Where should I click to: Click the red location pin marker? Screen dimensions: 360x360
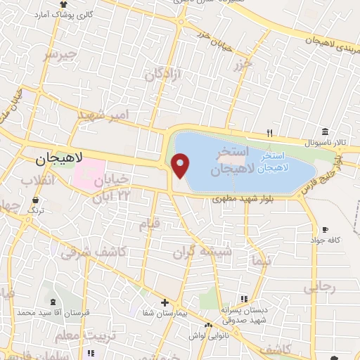[181, 166]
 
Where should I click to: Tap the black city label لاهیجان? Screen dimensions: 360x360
[59, 160]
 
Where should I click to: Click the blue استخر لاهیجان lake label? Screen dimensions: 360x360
[271, 162]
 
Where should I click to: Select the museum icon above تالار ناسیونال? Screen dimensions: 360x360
[325, 131]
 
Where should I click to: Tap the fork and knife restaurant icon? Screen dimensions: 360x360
[269, 131]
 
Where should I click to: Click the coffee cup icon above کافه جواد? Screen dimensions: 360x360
[325, 229]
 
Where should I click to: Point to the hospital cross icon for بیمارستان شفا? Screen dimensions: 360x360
[165, 302]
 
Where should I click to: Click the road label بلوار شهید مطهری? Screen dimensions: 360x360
[240, 199]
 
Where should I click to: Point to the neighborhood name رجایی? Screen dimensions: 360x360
[319, 288]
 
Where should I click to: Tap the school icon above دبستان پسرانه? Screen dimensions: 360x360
[243, 299]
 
